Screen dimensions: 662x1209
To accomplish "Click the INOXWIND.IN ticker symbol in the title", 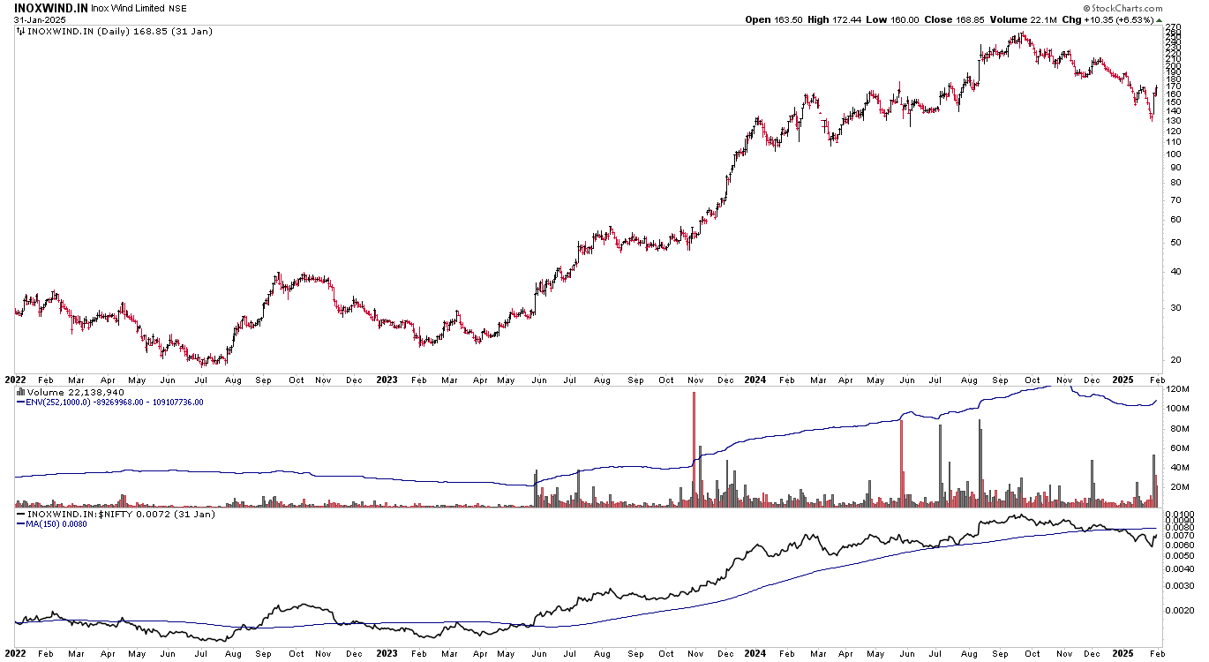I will [x=49, y=7].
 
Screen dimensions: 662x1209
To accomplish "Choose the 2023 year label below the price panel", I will [x=387, y=380].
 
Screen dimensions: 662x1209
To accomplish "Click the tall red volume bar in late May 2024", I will [x=902, y=459].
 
